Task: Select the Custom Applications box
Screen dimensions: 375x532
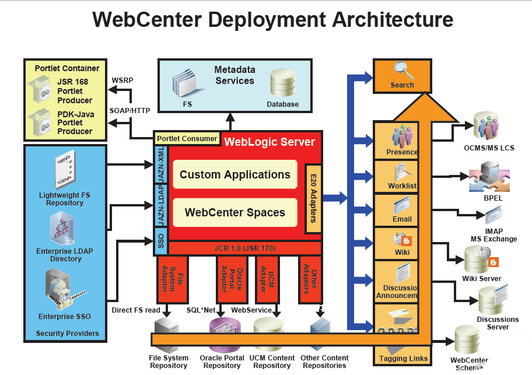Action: coord(235,174)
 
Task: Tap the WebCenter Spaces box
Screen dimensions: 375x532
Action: coord(235,212)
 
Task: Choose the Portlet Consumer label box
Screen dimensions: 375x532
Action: coord(187,139)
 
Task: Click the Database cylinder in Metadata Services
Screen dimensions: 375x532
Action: coord(282,84)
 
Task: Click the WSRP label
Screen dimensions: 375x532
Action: coord(123,79)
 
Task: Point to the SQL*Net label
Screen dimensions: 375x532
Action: coord(201,310)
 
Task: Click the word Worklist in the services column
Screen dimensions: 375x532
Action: coord(402,186)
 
